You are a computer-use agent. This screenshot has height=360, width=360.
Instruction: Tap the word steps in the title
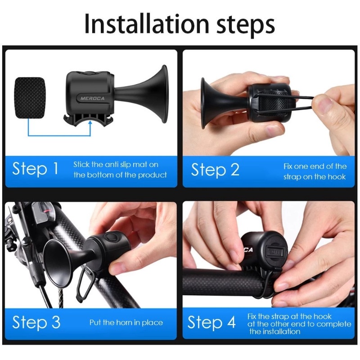tap(246, 25)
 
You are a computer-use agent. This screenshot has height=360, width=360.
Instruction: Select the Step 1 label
tap(36, 169)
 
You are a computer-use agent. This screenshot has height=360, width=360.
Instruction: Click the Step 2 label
tap(215, 170)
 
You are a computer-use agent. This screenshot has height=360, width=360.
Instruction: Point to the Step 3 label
tap(36, 322)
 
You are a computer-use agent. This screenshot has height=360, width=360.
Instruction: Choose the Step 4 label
tap(211, 322)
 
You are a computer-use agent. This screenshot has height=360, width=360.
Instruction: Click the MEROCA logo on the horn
tap(93, 99)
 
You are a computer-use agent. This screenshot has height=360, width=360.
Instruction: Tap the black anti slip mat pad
tap(30, 98)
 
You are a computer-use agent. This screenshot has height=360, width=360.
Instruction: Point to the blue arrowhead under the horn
tap(90, 123)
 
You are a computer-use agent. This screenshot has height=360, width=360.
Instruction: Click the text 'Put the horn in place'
tap(126, 323)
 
